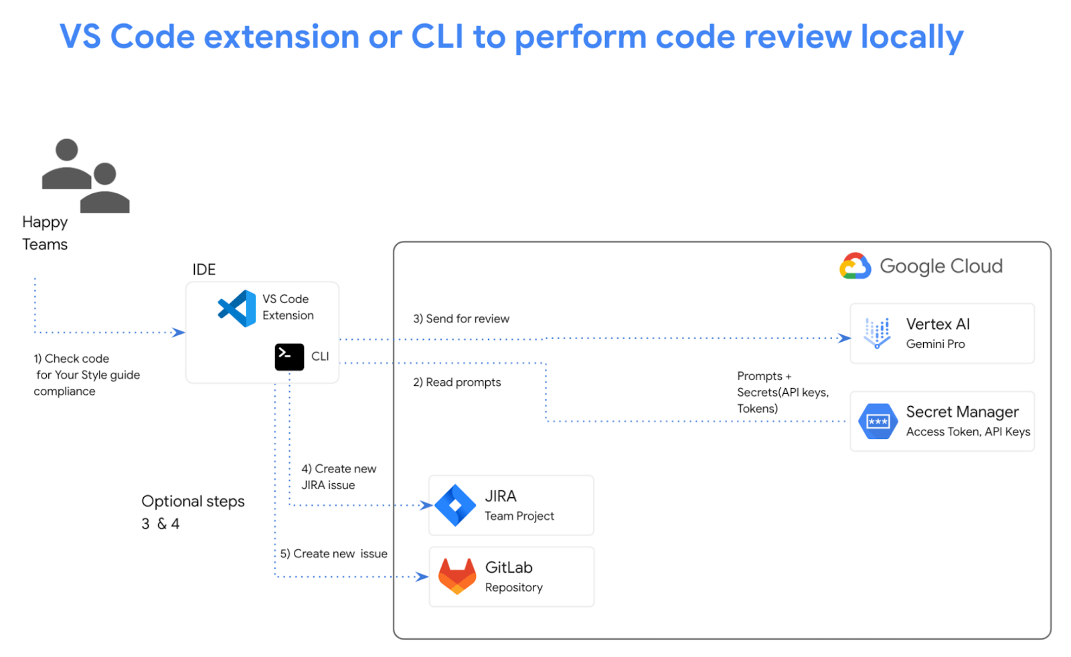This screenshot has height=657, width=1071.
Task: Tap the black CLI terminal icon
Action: [289, 357]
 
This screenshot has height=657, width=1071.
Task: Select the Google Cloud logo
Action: [855, 266]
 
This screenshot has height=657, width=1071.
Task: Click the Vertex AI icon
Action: [876, 333]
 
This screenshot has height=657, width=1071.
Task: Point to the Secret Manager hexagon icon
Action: [878, 421]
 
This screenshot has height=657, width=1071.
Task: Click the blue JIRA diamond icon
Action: [455, 505]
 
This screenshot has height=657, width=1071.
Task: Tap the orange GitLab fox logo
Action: [457, 576]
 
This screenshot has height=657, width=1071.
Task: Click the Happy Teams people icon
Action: [85, 176]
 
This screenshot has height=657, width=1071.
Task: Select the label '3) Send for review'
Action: [461, 319]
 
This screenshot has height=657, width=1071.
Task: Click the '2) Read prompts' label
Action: [457, 383]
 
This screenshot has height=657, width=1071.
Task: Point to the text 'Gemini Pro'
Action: [935, 344]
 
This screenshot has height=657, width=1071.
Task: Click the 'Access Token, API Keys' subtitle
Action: [968, 432]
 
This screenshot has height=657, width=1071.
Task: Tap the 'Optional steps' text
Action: [193, 501]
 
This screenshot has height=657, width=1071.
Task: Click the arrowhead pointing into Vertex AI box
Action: [845, 339]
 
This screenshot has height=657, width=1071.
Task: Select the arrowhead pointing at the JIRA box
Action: [426, 505]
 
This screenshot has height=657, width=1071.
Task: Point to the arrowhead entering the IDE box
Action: [179, 333]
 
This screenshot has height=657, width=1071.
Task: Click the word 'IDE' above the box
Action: [204, 270]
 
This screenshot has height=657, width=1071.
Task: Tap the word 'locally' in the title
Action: [912, 37]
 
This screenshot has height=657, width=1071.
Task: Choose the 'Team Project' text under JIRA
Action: [519, 516]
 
